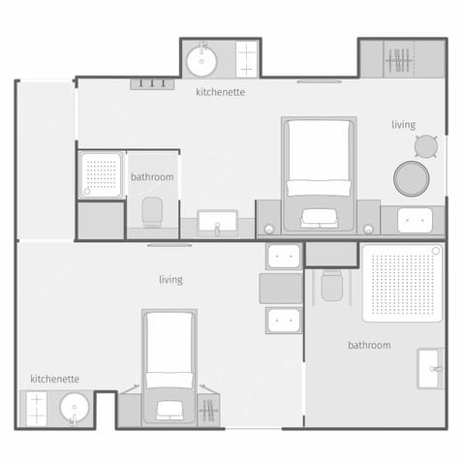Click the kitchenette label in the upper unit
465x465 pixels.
click(220, 93)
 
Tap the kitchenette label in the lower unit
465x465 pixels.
click(54, 379)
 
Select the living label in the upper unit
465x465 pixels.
click(404, 124)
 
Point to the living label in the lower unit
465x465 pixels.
click(171, 280)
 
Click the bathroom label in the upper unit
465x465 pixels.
click(152, 177)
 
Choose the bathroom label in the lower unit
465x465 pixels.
click(369, 345)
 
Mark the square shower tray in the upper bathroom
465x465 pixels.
click(101, 174)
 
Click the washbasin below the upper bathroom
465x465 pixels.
click(218, 224)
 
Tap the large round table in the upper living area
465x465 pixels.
click(410, 177)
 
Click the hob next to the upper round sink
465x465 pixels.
click(247, 59)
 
